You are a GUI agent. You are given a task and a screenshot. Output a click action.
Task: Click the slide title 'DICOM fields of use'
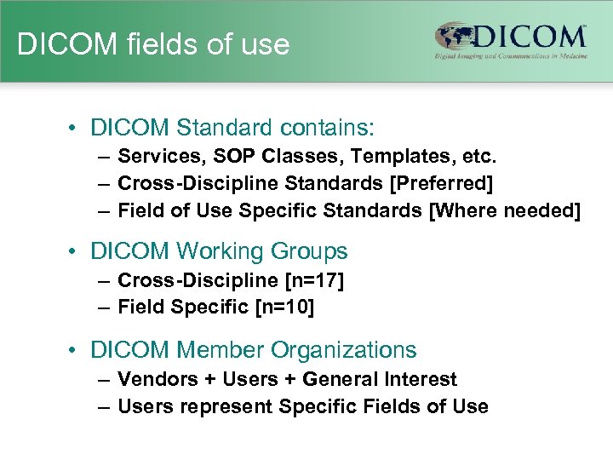point(153,44)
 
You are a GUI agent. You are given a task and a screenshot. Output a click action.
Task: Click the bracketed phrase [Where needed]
point(507,210)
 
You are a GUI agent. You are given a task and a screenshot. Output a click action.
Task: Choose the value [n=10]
point(285,308)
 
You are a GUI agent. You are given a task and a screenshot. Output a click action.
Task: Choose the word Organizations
point(344,350)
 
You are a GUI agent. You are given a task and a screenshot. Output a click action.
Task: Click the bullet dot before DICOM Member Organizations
point(76,350)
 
